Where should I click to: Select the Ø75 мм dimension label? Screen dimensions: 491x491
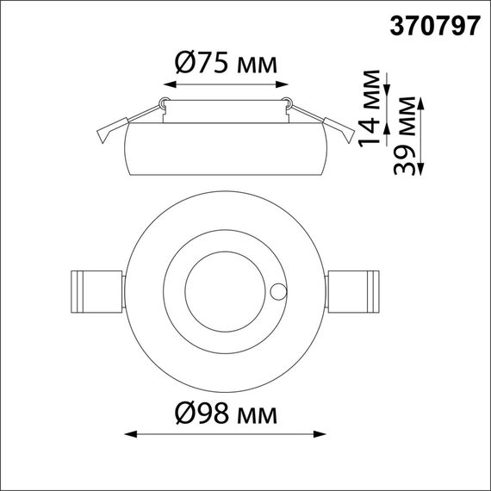(x=225, y=62)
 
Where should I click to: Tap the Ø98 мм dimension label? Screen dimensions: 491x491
(x=225, y=415)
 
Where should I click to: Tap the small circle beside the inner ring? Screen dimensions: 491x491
(x=279, y=290)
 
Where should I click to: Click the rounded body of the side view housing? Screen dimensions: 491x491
(x=225, y=152)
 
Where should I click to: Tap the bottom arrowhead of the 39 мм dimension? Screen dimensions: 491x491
(x=421, y=171)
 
